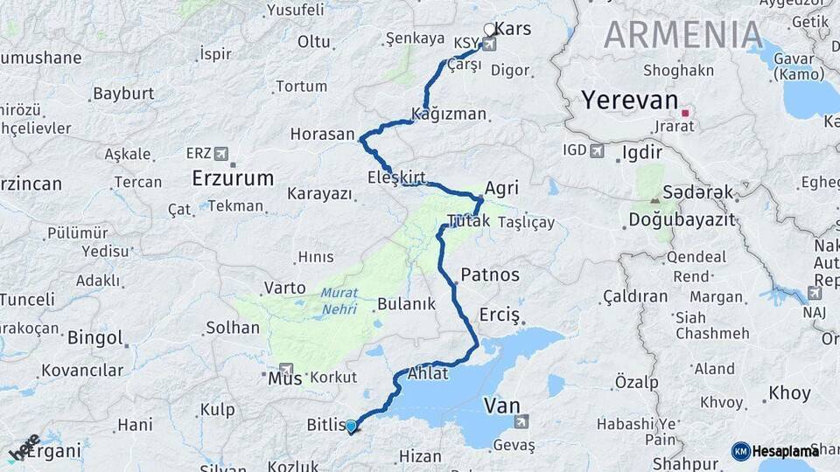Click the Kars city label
[x=513, y=29]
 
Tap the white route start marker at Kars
[x=490, y=30]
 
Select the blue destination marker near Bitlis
[x=351, y=427]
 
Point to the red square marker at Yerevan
[x=686, y=112]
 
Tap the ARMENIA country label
[x=683, y=34]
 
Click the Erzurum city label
[x=233, y=178]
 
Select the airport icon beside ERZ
[x=220, y=154]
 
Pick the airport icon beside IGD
[x=597, y=151]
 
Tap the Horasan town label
[x=323, y=135]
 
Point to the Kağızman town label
[x=449, y=115]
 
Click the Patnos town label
[x=490, y=274]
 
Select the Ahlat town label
[x=428, y=373]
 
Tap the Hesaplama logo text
[x=786, y=451]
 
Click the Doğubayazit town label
[x=682, y=219]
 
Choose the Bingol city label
[x=94, y=337]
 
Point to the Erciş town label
[x=500, y=315]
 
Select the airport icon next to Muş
[x=286, y=369]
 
